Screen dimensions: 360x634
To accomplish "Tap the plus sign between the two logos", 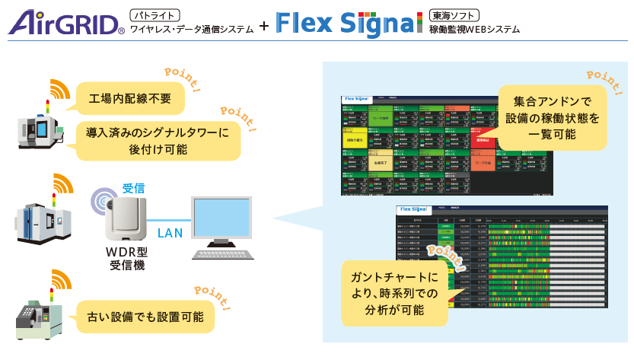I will pos(263,25).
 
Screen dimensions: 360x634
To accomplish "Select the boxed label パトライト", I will pos(155,14).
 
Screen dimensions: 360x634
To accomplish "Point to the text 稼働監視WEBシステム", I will pos(475,30).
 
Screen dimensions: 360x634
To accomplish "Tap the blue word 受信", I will pos(134,187).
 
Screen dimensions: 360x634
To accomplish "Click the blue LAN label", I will pos(168,233).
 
